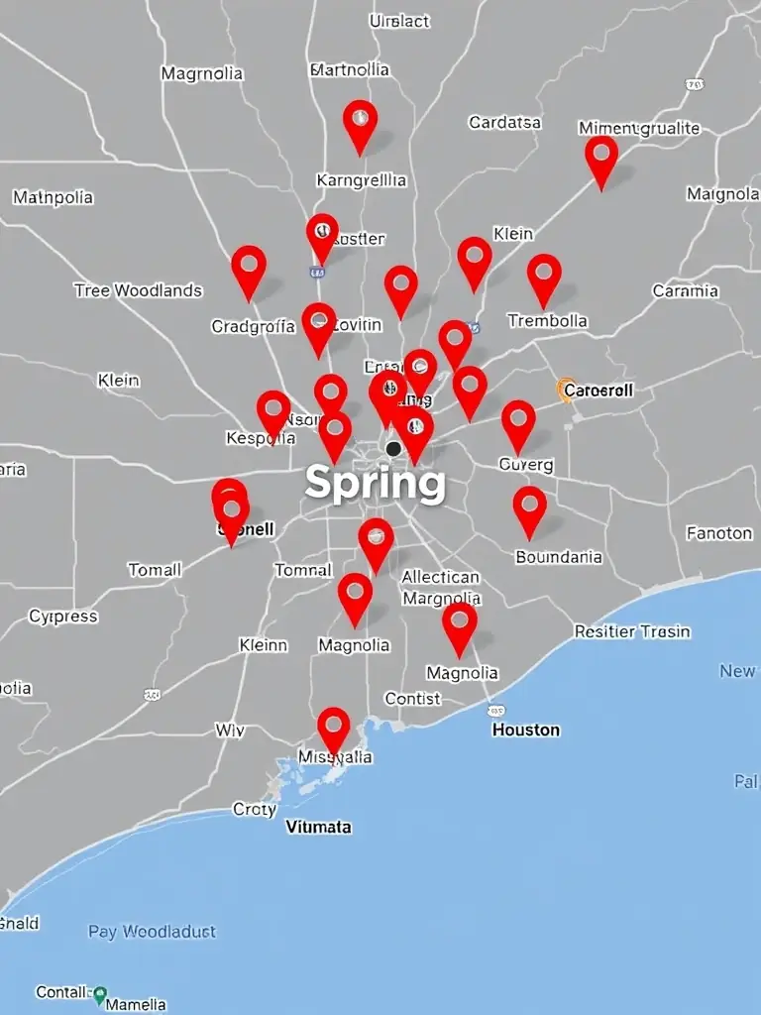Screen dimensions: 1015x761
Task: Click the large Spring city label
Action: coord(375,484)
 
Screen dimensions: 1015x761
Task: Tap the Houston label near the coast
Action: coord(526,730)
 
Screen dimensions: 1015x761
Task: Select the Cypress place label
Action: coord(63,617)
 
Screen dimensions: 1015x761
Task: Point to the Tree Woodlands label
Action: coord(138,290)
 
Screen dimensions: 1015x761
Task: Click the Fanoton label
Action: coord(719,533)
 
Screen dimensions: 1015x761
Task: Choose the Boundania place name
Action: coord(559,557)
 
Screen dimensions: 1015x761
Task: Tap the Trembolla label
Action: coord(547,321)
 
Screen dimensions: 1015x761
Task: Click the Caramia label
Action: coord(686,291)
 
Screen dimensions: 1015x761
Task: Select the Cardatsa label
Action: coord(505,123)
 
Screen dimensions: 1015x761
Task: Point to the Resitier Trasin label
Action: coord(632,631)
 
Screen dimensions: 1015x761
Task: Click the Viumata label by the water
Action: coord(318,826)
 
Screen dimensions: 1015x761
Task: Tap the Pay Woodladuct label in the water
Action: coord(152,932)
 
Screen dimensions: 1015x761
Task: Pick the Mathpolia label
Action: coord(54,197)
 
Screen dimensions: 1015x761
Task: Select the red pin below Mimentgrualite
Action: coord(601,158)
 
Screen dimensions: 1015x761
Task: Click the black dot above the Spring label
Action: coord(393,449)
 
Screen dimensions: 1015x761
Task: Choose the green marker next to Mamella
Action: coord(99,992)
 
